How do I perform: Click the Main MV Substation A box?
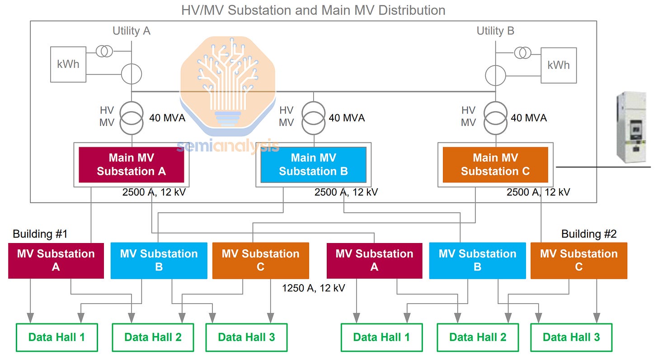tap(131, 164)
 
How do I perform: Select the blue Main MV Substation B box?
tap(313, 164)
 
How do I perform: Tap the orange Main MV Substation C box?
tap(495, 164)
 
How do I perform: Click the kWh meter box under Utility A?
tap(68, 64)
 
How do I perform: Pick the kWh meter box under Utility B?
tap(559, 65)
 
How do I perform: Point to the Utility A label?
tap(132, 31)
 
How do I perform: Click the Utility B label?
tap(495, 31)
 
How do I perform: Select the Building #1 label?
tap(40, 234)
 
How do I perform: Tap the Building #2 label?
tap(589, 234)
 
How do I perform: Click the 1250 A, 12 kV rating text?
tap(314, 288)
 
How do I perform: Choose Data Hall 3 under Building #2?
tap(571, 337)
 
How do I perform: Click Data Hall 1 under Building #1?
tap(56, 337)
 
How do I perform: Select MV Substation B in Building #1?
tap(159, 260)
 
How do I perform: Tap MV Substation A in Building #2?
tap(374, 260)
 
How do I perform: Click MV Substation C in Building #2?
tap(578, 260)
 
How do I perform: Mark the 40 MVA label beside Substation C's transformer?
tap(529, 118)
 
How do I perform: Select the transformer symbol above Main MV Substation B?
tap(313, 117)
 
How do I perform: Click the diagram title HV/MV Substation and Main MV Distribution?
tap(313, 10)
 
